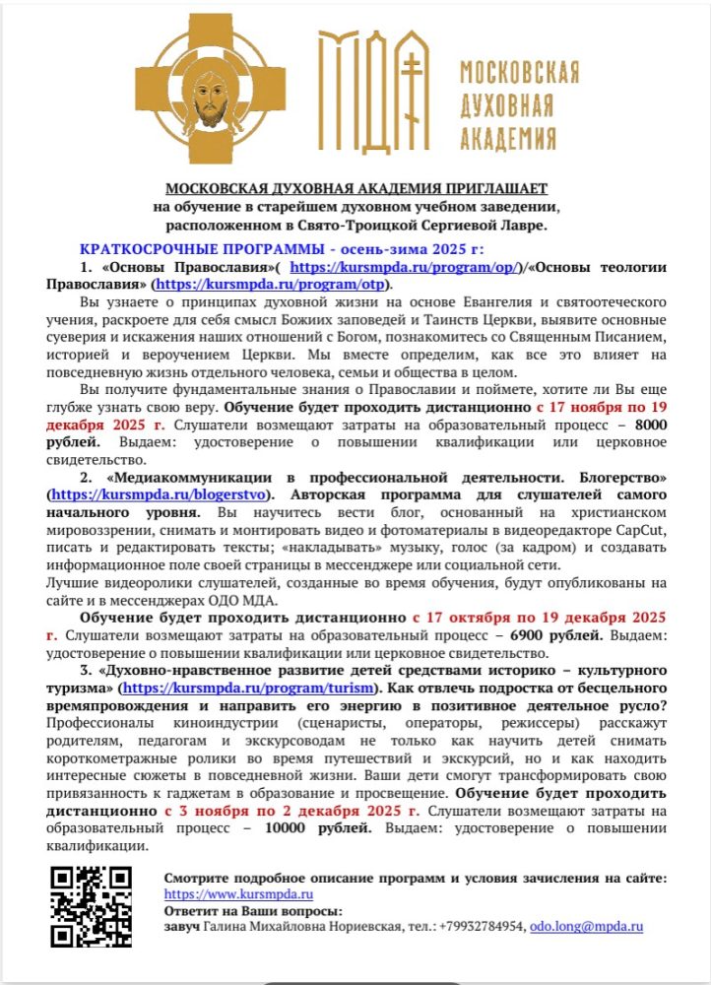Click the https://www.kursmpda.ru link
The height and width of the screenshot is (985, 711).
click(238, 893)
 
